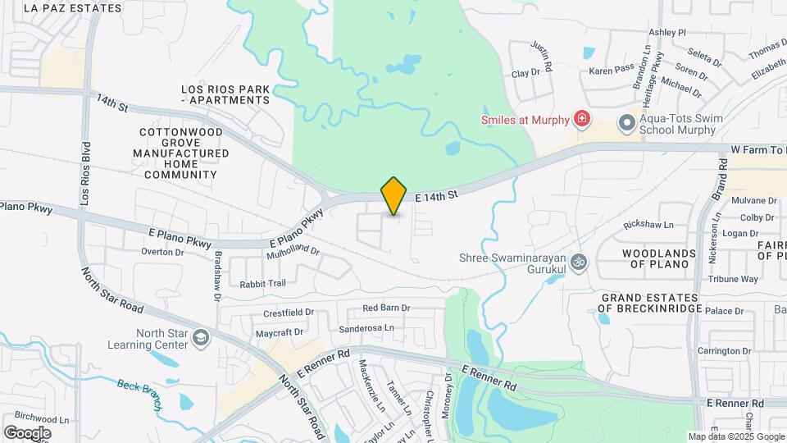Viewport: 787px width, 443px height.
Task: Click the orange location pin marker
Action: tap(394, 195)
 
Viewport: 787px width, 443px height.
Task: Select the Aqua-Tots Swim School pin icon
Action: tap(627, 123)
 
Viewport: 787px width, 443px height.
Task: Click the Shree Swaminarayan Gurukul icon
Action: tap(580, 262)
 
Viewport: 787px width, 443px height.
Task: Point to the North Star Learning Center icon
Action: tap(200, 338)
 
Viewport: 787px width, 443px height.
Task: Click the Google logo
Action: tap(27, 433)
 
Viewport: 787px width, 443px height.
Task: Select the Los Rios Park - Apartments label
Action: tap(225, 94)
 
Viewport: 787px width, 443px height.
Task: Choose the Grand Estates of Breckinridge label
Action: tap(650, 303)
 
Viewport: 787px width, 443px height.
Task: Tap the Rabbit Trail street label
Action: tap(262, 284)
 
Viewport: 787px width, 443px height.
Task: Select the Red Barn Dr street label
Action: tap(386, 308)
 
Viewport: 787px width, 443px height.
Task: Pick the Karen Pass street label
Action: tap(612, 71)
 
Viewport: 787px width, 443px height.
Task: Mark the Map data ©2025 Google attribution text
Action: tap(736, 437)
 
